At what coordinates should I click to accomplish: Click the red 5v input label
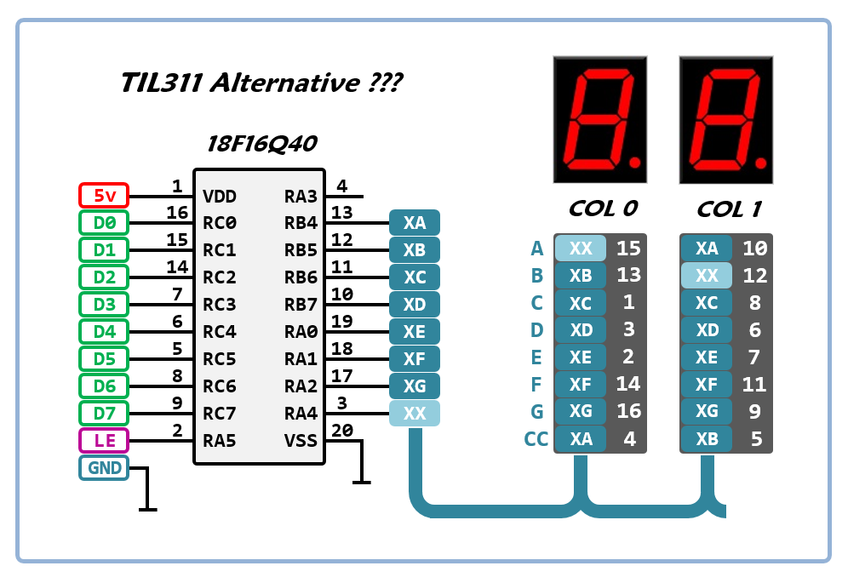pyautogui.click(x=103, y=196)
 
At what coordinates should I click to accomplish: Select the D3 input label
pyautogui.click(x=103, y=305)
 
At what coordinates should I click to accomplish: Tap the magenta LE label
pyautogui.click(x=103, y=441)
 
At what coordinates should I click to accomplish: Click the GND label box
pyautogui.click(x=103, y=468)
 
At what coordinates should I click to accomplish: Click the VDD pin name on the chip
pyautogui.click(x=220, y=197)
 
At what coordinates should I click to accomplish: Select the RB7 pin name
pyautogui.click(x=301, y=305)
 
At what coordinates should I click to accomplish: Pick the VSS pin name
pyautogui.click(x=301, y=441)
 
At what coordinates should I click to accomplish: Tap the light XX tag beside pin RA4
pyautogui.click(x=415, y=414)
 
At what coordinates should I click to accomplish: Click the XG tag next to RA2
pyautogui.click(x=415, y=386)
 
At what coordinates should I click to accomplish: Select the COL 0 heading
pyautogui.click(x=603, y=209)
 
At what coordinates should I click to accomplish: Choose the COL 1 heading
pyautogui.click(x=729, y=209)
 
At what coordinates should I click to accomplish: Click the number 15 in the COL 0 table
pyautogui.click(x=628, y=249)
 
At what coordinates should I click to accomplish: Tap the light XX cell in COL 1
pyautogui.click(x=707, y=276)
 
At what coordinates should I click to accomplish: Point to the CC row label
pyautogui.click(x=536, y=440)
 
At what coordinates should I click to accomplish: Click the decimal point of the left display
pyautogui.click(x=633, y=160)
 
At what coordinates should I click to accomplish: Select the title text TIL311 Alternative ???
pyautogui.click(x=261, y=83)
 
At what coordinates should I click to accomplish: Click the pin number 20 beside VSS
pyautogui.click(x=342, y=431)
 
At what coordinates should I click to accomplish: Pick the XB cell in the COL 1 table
pyautogui.click(x=707, y=440)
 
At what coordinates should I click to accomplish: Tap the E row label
pyautogui.click(x=536, y=357)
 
